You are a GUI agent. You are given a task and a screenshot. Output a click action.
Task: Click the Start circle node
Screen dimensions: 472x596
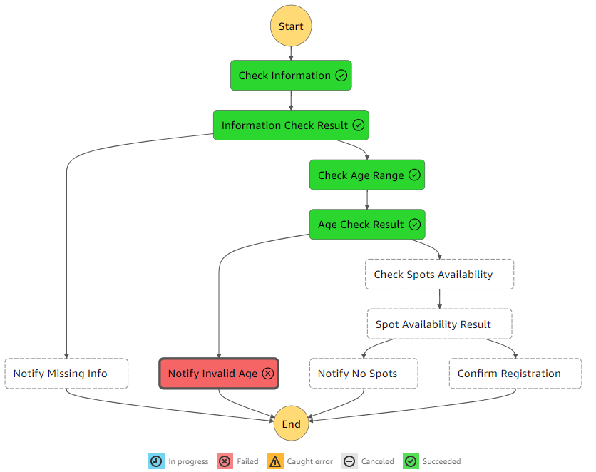[x=291, y=26]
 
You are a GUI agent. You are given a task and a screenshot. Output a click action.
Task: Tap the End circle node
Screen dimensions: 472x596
[x=291, y=424]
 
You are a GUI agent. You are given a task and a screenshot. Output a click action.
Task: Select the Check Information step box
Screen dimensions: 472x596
[x=291, y=76]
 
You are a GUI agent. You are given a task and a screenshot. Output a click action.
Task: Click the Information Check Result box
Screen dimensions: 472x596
[x=291, y=125]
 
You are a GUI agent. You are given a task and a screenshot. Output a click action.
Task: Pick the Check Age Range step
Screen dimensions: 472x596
[x=367, y=175]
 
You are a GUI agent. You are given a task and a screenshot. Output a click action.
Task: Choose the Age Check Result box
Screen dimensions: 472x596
[x=367, y=225]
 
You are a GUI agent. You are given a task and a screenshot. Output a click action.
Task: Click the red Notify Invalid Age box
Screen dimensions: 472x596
[x=219, y=374]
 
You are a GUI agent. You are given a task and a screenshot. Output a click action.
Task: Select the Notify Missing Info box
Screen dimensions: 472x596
[x=66, y=374]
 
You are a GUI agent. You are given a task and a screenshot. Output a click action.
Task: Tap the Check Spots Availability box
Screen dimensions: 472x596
[x=439, y=275]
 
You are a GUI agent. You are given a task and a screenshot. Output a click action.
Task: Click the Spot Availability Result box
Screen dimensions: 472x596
[x=439, y=324]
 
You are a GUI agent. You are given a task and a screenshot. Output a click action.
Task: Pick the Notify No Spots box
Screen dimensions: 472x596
[x=364, y=374]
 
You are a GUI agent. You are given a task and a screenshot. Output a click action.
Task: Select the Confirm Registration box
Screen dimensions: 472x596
[x=515, y=374]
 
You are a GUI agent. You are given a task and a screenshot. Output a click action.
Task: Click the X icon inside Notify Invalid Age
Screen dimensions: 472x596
[x=268, y=374]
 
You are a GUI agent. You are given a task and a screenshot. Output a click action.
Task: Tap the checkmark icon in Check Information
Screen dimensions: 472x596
[x=341, y=76]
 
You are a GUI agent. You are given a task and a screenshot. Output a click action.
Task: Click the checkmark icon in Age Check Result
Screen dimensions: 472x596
[x=414, y=225]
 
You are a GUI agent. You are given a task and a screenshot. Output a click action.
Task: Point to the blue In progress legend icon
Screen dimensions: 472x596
[x=156, y=461]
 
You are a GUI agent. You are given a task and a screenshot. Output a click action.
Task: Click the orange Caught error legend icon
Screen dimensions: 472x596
[x=275, y=461]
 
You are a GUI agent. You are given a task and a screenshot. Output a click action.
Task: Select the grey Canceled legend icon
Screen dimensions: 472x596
[x=349, y=461]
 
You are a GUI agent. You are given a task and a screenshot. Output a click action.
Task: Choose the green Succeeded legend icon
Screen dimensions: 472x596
[x=411, y=461]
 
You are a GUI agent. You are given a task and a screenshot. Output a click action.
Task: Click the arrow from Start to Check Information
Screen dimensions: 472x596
[x=291, y=53]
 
